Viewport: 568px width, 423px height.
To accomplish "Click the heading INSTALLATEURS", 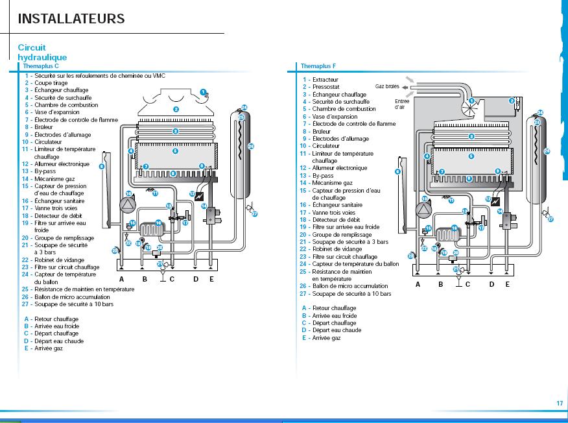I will (x=71, y=19).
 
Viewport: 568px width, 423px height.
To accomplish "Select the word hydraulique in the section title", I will (x=42, y=57).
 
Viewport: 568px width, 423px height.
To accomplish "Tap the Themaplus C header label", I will (x=41, y=66).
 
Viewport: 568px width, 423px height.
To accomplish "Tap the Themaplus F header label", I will (x=318, y=66).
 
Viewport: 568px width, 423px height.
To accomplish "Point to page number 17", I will (x=560, y=404).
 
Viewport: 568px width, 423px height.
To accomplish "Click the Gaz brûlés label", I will (x=388, y=86).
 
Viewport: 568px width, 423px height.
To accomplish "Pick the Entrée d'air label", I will (x=402, y=104).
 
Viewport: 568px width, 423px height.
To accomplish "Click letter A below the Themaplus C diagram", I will (x=121, y=279).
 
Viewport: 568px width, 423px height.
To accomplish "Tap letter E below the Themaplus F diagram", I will (x=507, y=284).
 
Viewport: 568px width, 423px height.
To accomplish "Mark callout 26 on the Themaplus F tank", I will (x=547, y=151).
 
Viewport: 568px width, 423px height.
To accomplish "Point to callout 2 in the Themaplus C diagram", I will (x=176, y=109).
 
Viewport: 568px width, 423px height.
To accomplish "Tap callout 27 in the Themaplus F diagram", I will (x=551, y=219).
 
